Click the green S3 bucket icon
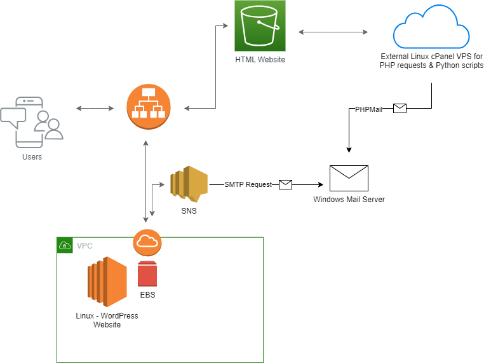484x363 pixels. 260,25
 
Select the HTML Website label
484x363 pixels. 260,60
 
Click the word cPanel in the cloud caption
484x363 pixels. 434,57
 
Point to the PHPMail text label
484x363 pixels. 368,109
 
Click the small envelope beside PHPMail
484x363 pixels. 400,109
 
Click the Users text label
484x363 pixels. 32,157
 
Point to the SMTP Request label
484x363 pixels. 248,184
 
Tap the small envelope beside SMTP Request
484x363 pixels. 285,184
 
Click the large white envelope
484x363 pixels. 349,178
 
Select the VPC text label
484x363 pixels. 84,245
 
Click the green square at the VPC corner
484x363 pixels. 65,245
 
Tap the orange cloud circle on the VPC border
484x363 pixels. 147,242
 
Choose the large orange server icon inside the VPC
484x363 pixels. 107,281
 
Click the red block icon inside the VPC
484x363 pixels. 147,274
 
